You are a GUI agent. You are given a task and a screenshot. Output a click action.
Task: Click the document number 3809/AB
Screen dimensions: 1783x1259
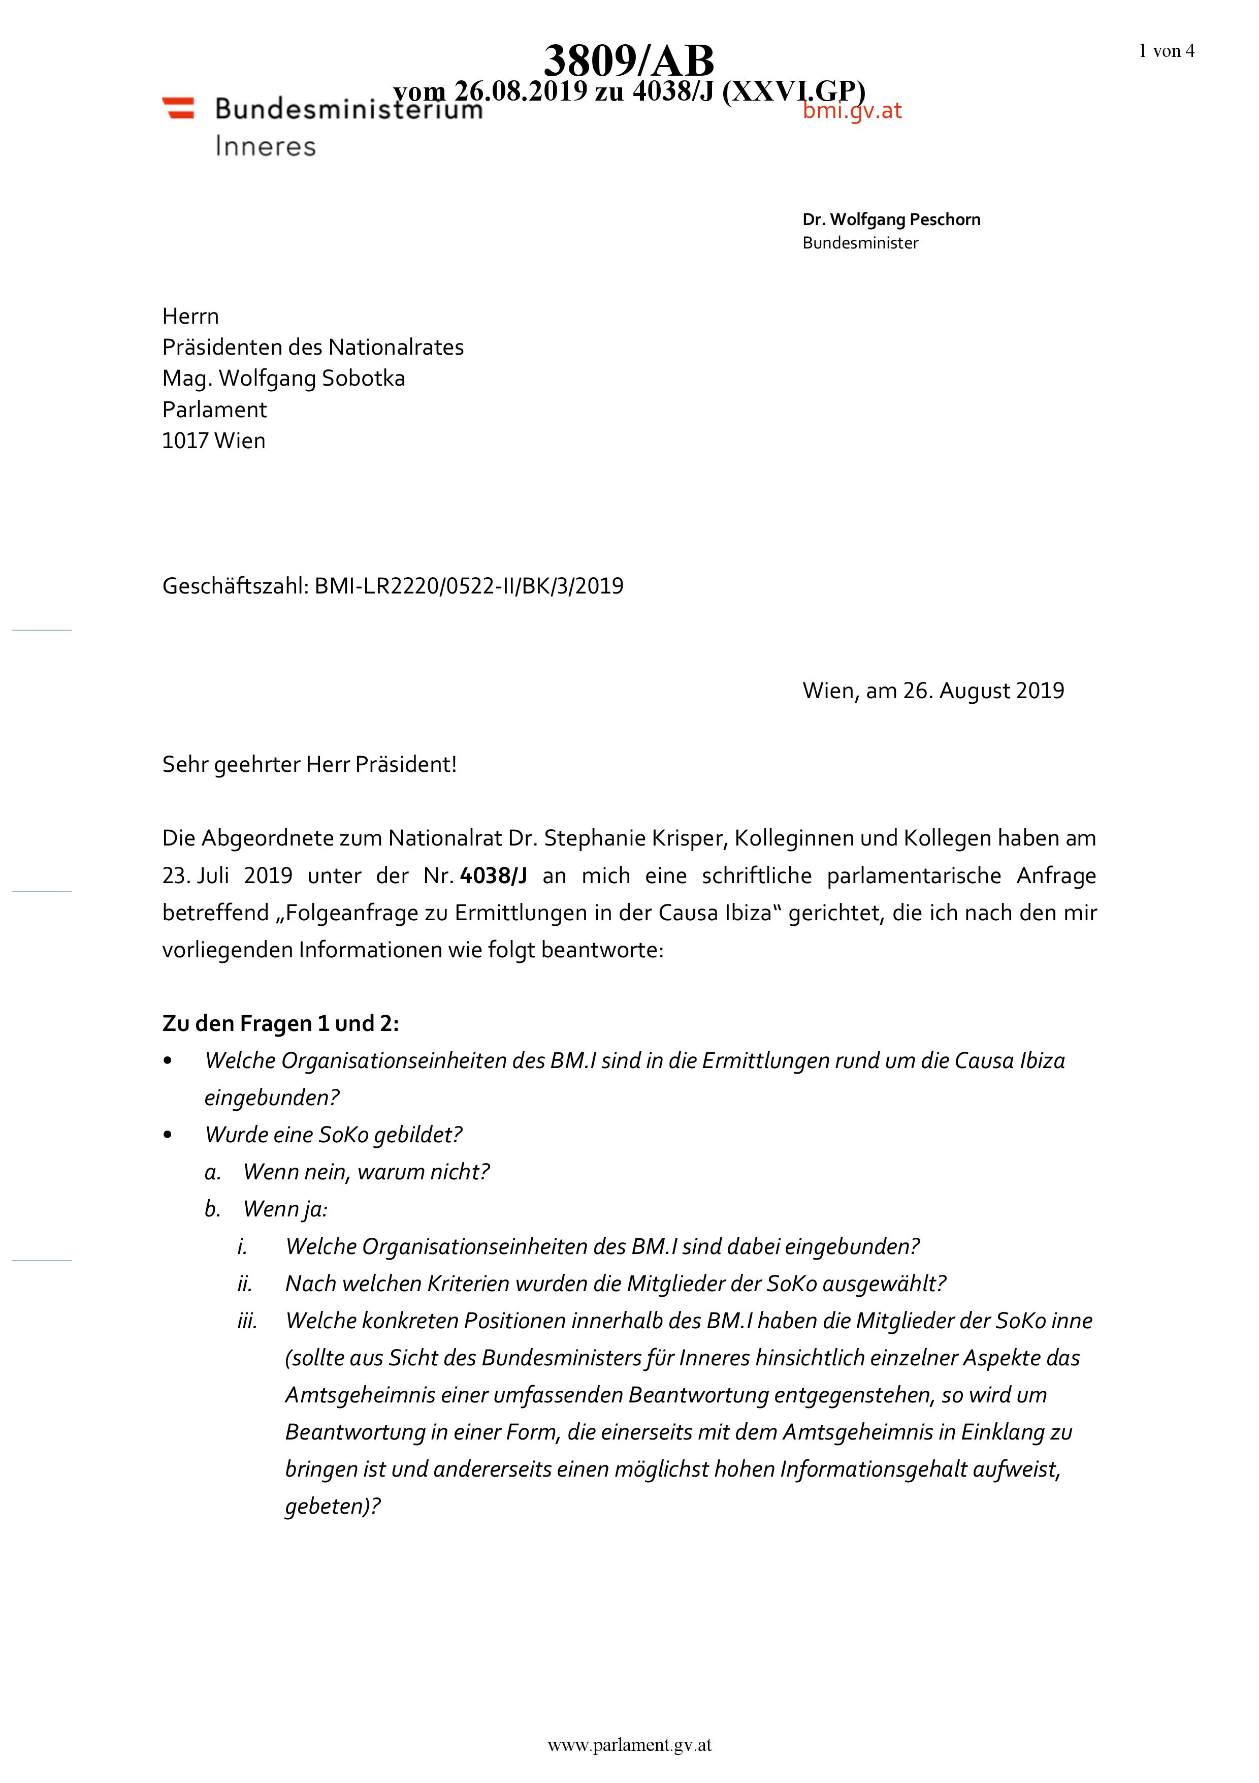(629, 60)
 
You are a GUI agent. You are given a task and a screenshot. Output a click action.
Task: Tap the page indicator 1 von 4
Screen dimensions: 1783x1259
(1166, 51)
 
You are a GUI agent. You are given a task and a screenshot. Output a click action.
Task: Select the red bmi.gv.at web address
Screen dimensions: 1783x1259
(852, 111)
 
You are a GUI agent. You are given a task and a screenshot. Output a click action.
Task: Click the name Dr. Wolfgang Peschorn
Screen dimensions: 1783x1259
(891, 220)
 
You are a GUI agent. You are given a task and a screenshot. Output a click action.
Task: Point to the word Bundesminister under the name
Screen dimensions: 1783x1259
(860, 243)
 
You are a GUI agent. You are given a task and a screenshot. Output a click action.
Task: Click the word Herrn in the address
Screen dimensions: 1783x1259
(190, 317)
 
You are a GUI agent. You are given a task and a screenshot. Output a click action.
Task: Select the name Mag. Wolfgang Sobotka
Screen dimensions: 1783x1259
(283, 379)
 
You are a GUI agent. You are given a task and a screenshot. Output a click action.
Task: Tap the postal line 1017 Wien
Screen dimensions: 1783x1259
(213, 441)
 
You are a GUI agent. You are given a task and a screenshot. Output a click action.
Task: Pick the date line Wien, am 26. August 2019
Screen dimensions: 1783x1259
(933, 691)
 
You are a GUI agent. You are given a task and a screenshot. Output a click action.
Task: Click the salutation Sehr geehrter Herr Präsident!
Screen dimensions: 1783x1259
(309, 765)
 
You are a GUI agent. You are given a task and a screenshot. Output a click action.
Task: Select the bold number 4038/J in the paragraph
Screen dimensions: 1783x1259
(494, 876)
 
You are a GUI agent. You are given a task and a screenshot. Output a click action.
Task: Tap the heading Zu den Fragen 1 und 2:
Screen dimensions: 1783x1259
(280, 1023)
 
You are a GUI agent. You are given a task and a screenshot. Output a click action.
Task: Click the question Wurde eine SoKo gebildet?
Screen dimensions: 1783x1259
(333, 1135)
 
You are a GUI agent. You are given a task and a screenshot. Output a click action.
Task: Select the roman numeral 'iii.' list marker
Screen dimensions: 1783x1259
(247, 1321)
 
